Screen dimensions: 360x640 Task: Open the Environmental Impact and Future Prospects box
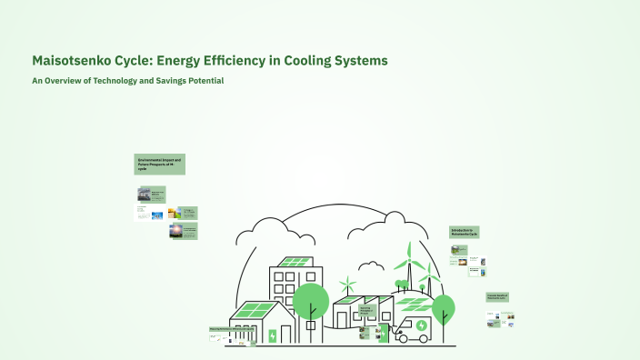tap(160, 165)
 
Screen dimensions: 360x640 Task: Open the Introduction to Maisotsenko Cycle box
tap(465, 233)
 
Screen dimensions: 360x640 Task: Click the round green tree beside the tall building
tap(311, 300)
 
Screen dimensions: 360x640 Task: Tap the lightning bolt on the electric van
tap(422, 325)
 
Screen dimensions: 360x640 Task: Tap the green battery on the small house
tap(272, 335)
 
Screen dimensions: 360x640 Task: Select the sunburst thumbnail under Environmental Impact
tap(175, 230)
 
